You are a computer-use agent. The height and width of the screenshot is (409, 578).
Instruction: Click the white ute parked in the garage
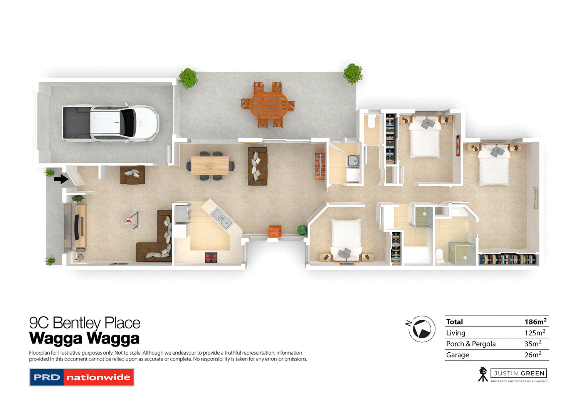(111, 122)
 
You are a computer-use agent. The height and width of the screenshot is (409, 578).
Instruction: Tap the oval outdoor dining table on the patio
(268, 104)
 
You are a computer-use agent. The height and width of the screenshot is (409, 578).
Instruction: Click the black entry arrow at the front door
(60, 179)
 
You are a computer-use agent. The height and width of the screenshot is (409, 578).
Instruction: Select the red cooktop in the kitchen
(211, 257)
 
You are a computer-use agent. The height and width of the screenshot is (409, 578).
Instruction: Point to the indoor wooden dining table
(210, 165)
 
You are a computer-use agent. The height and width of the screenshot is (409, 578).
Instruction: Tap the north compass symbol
(422, 329)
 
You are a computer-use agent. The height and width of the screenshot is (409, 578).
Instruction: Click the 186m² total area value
(535, 321)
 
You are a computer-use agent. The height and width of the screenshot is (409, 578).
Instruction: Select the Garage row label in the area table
(457, 355)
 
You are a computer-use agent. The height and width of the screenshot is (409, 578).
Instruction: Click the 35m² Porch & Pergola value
(533, 343)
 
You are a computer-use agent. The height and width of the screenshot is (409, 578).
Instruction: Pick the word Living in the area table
(455, 333)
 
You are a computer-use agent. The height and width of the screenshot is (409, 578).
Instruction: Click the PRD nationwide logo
(82, 377)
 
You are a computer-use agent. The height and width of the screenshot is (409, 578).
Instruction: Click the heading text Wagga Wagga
(84, 338)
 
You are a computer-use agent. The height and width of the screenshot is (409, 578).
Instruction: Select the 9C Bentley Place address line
(85, 323)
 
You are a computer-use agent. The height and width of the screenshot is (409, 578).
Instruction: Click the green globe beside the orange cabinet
(302, 230)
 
